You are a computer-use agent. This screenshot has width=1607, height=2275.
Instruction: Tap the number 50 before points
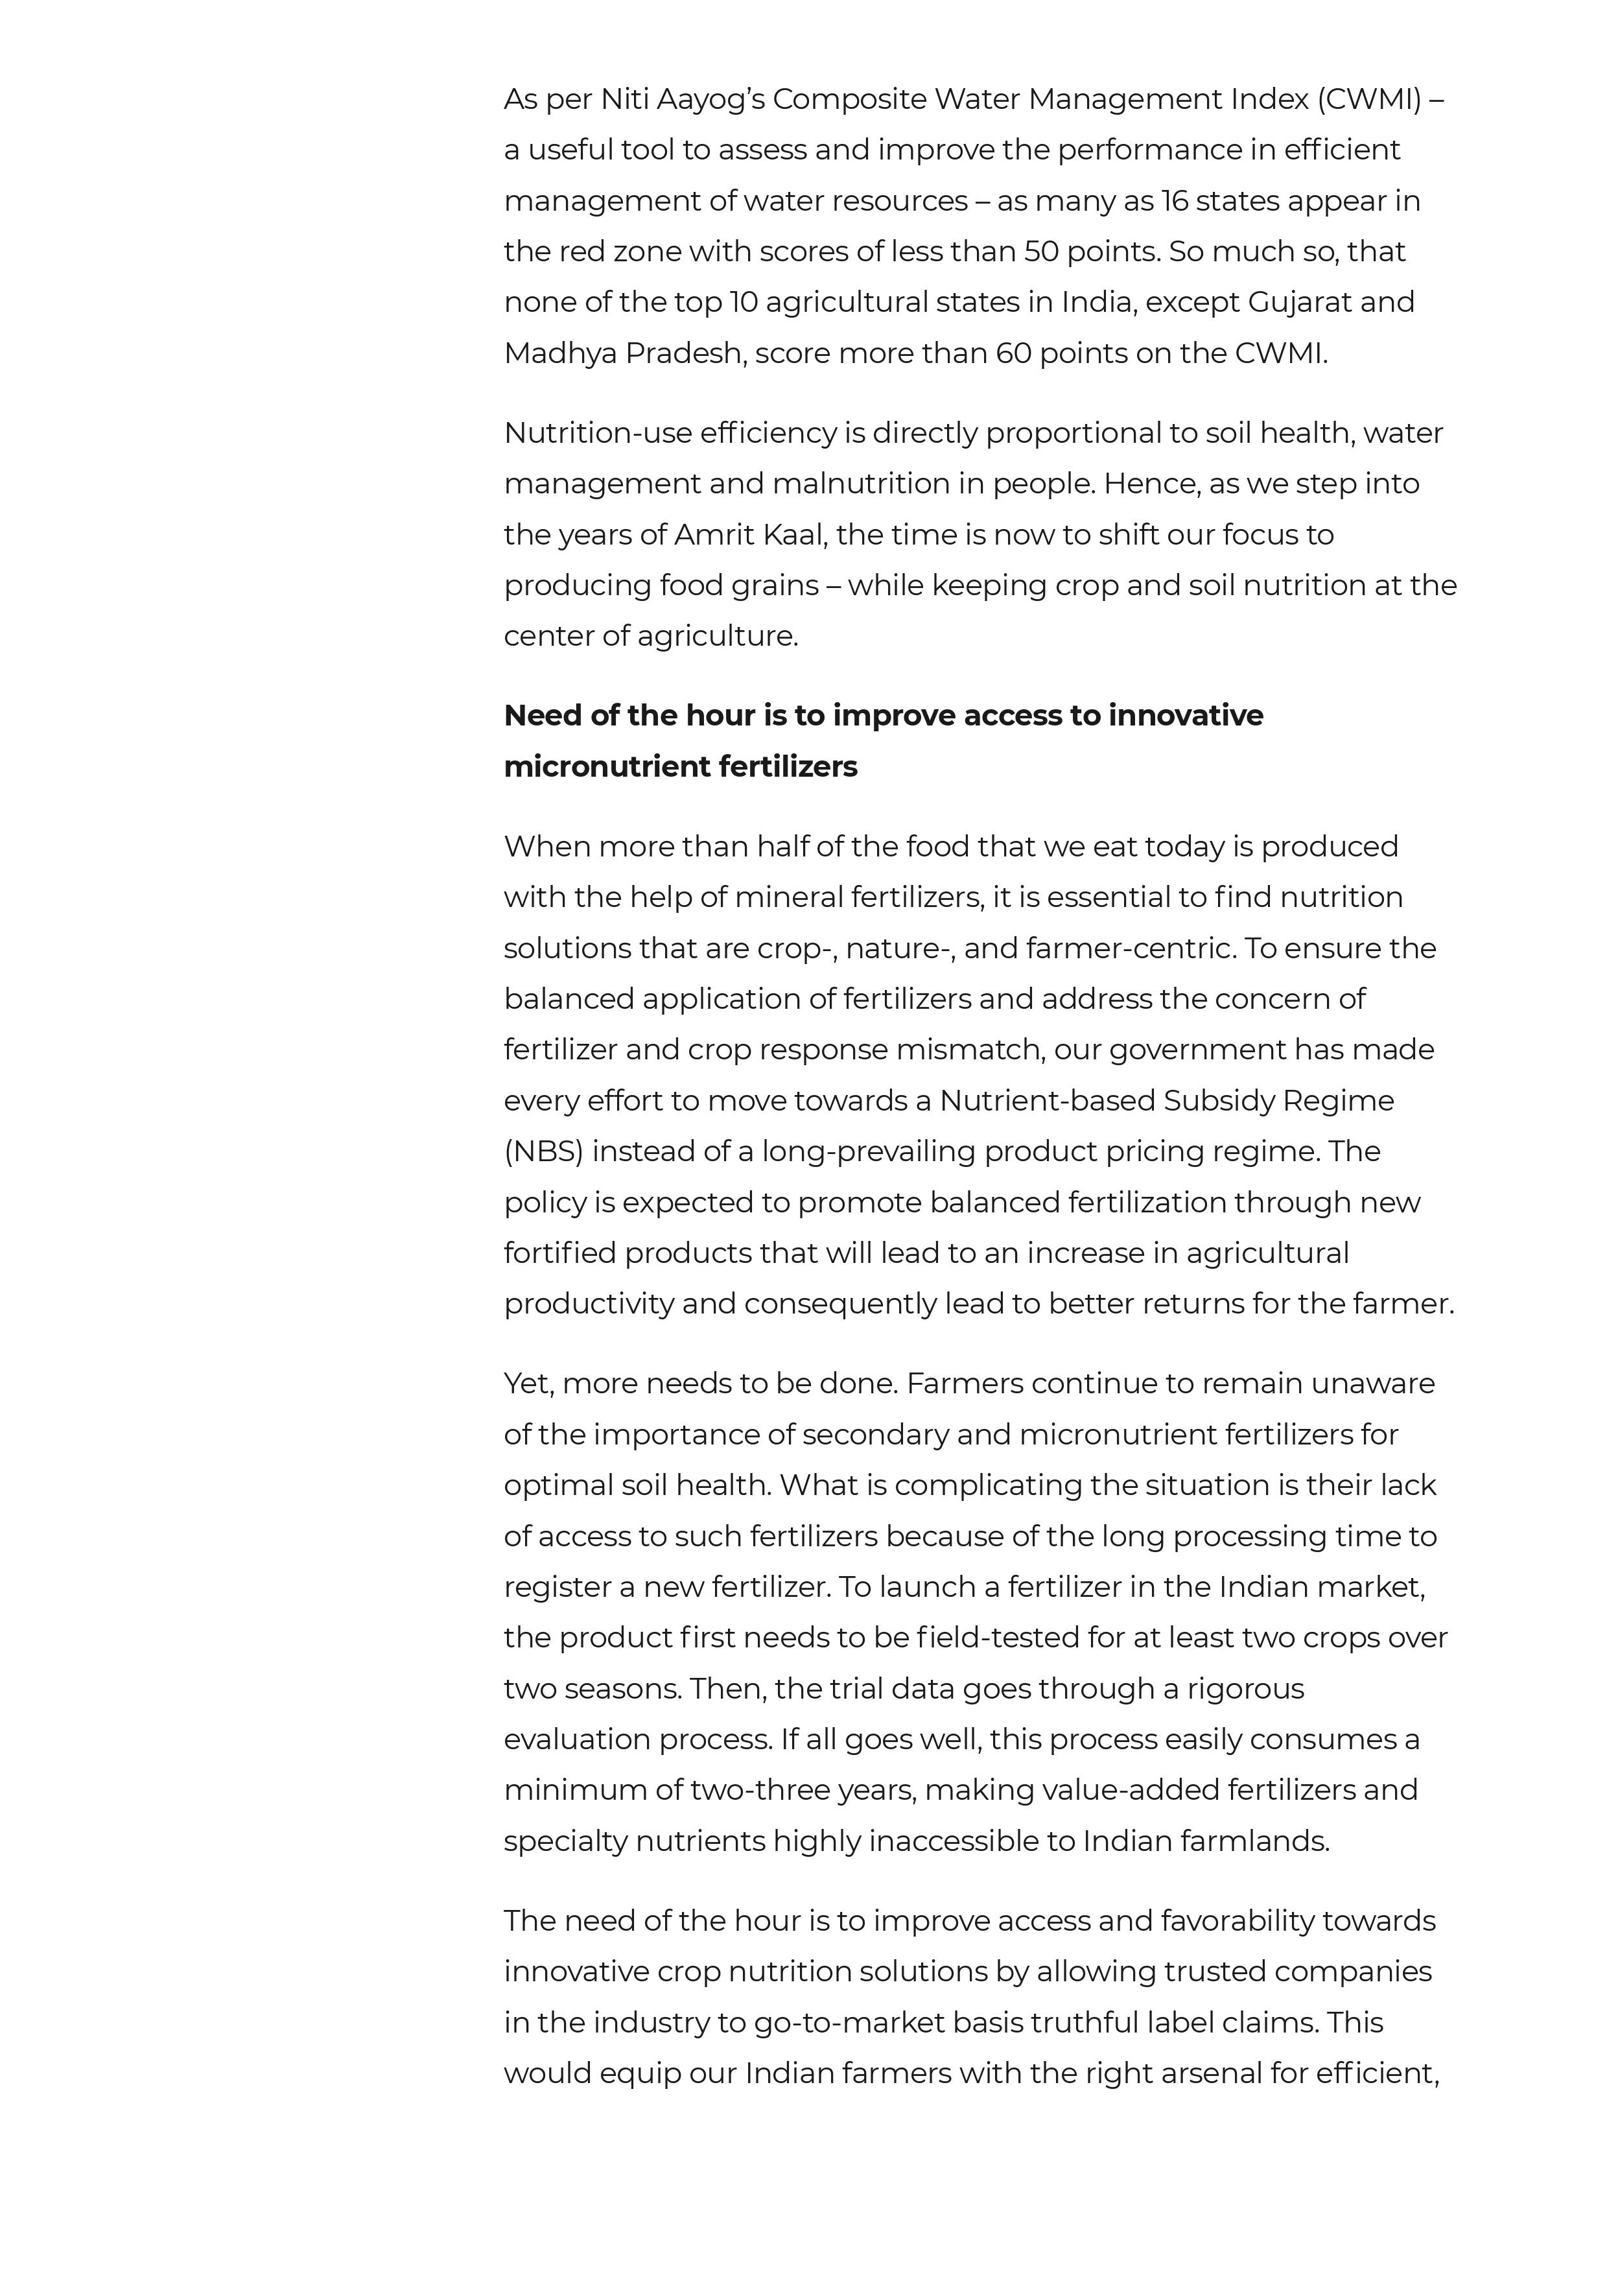click(x=1041, y=252)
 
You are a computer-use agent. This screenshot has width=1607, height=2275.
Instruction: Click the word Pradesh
click(x=685, y=354)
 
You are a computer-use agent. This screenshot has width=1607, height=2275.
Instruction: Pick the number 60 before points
click(x=1013, y=354)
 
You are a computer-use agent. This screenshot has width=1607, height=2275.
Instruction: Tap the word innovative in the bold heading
click(x=1185, y=715)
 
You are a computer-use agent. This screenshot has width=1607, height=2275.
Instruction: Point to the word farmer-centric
click(x=1129, y=949)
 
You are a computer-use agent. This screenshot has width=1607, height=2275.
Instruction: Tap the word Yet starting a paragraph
click(x=527, y=1384)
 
